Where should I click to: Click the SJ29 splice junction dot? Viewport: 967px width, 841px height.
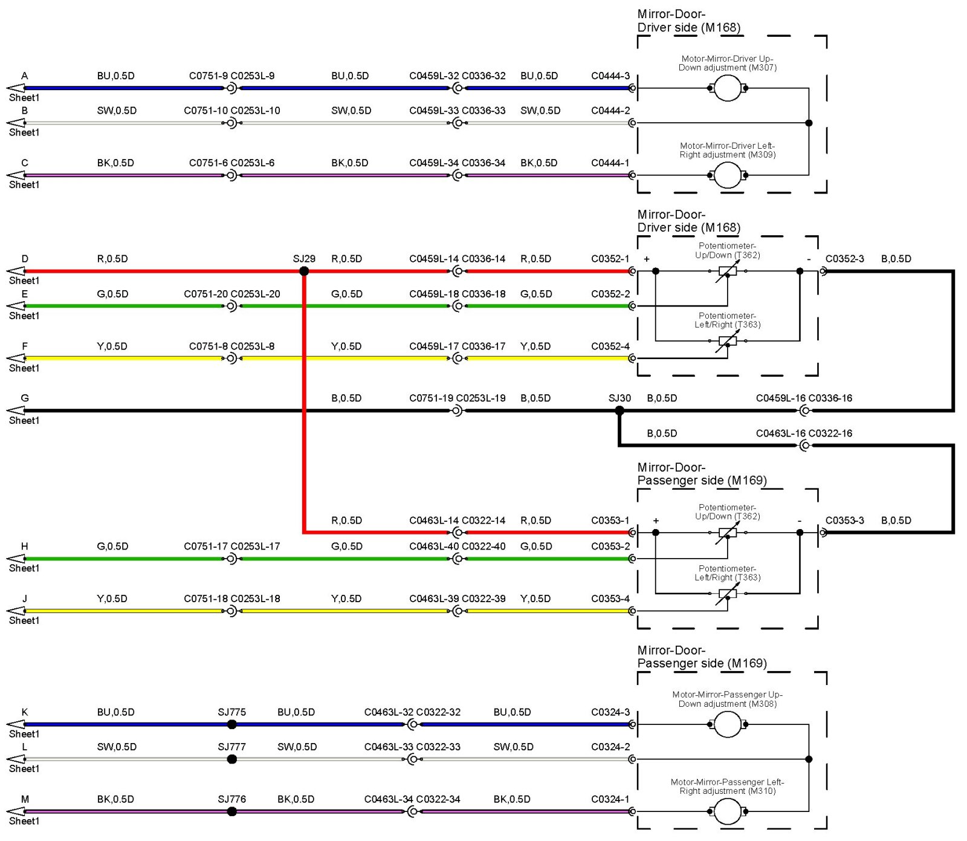coord(304,271)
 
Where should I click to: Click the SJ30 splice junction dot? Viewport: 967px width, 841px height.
coord(619,411)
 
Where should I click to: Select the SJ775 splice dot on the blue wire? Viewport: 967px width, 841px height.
coord(231,724)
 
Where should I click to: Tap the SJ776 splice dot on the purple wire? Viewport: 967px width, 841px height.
coord(231,811)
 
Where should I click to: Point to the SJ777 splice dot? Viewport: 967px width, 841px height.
coord(231,759)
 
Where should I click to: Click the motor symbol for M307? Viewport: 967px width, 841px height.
coord(728,88)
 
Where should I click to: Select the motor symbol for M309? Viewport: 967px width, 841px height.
coord(728,175)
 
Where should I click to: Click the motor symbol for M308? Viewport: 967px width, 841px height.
coord(728,724)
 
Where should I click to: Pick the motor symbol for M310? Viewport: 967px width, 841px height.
coord(728,811)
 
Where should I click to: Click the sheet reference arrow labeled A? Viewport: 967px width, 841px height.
coord(16,88)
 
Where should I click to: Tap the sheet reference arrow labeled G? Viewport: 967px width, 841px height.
coord(16,411)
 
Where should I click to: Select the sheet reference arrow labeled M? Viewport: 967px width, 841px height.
coord(16,811)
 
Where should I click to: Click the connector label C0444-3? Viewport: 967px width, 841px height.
coord(610,76)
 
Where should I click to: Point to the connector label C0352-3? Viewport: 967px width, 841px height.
coord(844,259)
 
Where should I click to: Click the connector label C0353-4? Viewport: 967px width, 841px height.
coord(610,599)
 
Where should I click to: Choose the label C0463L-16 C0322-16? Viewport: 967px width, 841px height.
coord(804,433)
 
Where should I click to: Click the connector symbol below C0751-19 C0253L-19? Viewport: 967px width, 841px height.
coord(458,411)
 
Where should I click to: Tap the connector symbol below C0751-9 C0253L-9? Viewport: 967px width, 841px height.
coord(231,88)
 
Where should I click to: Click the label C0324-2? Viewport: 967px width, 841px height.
coord(610,747)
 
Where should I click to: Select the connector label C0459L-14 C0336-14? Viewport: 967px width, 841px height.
coord(457,259)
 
